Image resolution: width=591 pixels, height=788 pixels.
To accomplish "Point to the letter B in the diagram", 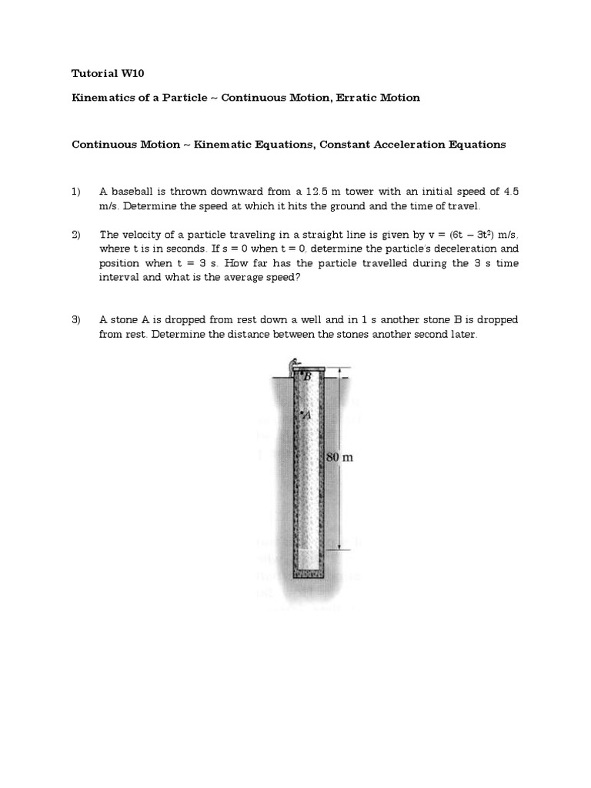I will pyautogui.click(x=306, y=376).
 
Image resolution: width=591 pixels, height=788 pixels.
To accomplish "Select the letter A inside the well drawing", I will pyautogui.click(x=307, y=415).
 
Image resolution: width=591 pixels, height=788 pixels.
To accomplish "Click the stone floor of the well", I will pyautogui.click(x=311, y=573).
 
